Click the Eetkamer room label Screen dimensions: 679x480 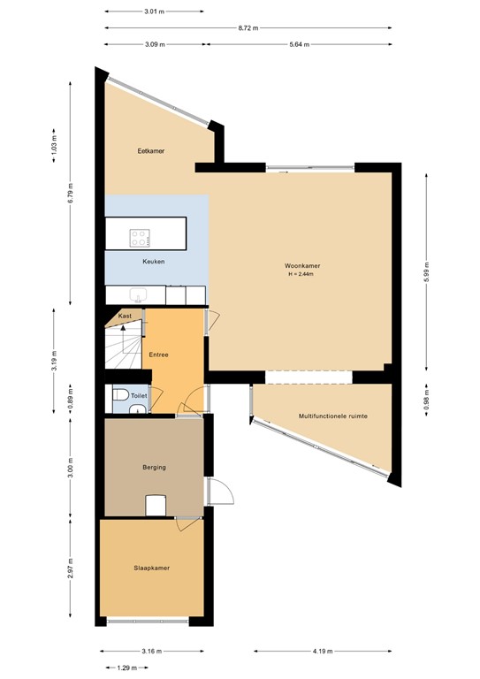point(151,151)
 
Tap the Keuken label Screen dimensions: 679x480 point(154,262)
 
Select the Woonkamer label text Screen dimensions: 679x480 point(301,265)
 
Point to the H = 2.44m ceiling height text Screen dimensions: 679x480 point(301,274)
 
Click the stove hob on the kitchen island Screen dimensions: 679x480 point(140,237)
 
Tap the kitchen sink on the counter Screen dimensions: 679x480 point(138,295)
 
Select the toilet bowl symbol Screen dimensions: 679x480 point(121,399)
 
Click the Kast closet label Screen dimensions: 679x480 point(125,316)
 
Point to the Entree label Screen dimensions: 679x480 point(159,355)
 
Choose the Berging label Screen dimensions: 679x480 point(154,467)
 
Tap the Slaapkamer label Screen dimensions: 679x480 point(151,568)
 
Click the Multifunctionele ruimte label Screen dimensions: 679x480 point(332,416)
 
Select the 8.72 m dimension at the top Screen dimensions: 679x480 point(248,28)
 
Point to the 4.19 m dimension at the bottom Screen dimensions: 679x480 point(323,652)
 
